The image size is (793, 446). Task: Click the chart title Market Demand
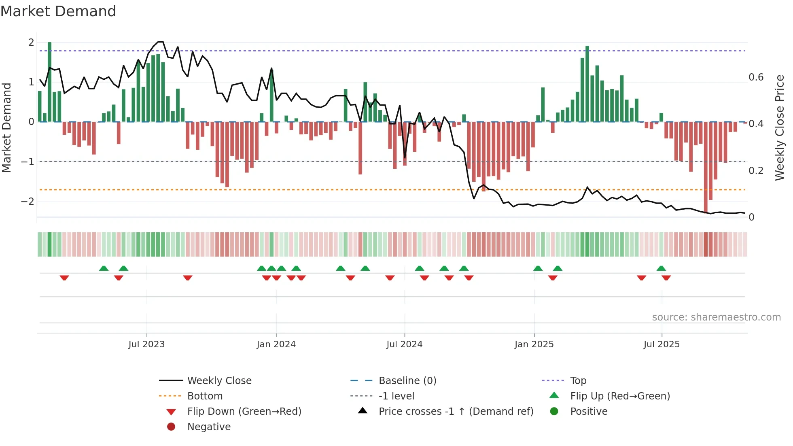58,11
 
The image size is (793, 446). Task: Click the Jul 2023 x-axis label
146,344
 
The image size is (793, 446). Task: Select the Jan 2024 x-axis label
276,344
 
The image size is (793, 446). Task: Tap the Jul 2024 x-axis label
404,344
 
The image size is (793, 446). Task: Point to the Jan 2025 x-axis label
534,344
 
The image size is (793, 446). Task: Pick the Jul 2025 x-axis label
662,344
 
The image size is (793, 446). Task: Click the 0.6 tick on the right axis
756,77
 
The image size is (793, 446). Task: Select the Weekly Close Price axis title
779,127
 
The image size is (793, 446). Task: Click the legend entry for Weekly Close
219,381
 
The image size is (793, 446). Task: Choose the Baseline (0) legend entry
407,381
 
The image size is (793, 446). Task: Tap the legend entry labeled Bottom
205,396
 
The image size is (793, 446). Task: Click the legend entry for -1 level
396,396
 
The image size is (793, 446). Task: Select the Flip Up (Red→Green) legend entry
620,396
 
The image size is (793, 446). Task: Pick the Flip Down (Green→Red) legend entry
244,412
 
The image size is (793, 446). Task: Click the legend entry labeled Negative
209,427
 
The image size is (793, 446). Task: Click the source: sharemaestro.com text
716,317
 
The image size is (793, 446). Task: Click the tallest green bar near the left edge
49,81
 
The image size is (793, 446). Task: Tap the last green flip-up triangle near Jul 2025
661,268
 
